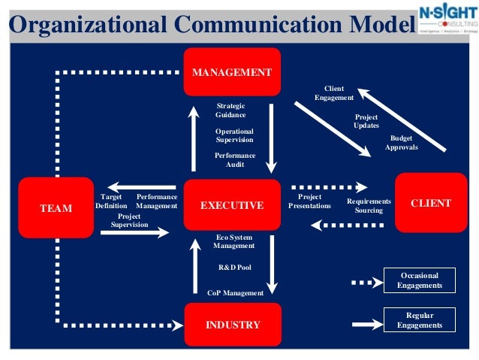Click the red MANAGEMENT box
232,72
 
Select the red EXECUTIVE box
232,204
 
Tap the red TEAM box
56,207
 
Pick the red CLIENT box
431,203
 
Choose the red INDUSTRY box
232,325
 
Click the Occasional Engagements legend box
420,280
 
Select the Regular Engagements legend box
420,321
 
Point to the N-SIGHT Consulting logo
447,20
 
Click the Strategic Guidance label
230,110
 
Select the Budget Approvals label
402,143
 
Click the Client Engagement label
334,93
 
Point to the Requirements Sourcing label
369,206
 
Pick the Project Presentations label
309,201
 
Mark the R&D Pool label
233,268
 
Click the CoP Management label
235,292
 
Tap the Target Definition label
111,201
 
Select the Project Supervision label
129,220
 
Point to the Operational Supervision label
234,135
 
